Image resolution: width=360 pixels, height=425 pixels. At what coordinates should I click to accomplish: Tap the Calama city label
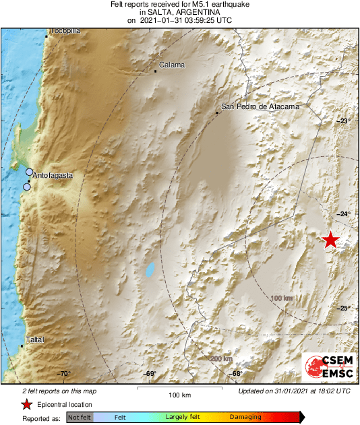(x=171, y=65)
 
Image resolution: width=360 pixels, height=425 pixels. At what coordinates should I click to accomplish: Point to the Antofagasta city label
(x=53, y=175)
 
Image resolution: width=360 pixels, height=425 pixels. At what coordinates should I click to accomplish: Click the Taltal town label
(x=34, y=340)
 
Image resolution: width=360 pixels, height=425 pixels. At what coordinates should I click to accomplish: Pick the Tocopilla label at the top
(x=65, y=31)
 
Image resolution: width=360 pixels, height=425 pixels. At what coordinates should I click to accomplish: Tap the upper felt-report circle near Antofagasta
(x=30, y=172)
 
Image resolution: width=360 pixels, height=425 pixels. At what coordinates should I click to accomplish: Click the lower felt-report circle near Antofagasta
(x=27, y=187)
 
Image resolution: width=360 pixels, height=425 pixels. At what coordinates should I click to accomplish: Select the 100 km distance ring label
(x=281, y=298)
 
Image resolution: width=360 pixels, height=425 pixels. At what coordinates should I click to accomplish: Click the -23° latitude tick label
(x=344, y=121)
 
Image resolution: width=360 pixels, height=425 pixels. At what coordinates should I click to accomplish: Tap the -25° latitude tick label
(x=344, y=308)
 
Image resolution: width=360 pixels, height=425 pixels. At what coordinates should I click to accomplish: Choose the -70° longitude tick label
(x=63, y=373)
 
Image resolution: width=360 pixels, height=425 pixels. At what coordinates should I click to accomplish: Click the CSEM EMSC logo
(x=326, y=368)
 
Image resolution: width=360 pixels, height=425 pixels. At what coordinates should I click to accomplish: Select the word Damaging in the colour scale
(x=245, y=417)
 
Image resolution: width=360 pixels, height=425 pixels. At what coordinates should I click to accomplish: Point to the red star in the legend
(x=26, y=404)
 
